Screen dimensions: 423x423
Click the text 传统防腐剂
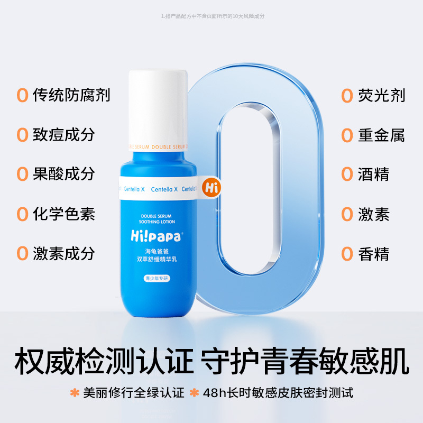[x=71, y=95]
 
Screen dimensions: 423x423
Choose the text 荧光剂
[x=380, y=95]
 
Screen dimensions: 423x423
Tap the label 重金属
[x=380, y=135]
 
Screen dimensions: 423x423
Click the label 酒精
[x=373, y=174]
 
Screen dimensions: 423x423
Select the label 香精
[x=373, y=254]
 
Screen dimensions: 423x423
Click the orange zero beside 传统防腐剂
[x=22, y=96]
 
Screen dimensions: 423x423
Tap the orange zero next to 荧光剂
[x=347, y=96]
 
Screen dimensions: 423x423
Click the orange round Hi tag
[x=210, y=188]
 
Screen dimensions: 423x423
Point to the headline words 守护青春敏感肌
[x=306, y=362]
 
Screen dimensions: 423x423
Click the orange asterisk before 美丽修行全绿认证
[x=75, y=393]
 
